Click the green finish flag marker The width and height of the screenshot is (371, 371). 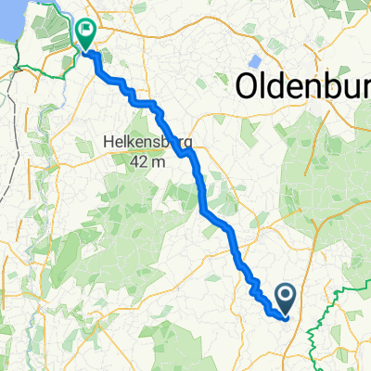coord(86,35)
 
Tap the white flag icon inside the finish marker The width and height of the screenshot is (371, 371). coord(86,32)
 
